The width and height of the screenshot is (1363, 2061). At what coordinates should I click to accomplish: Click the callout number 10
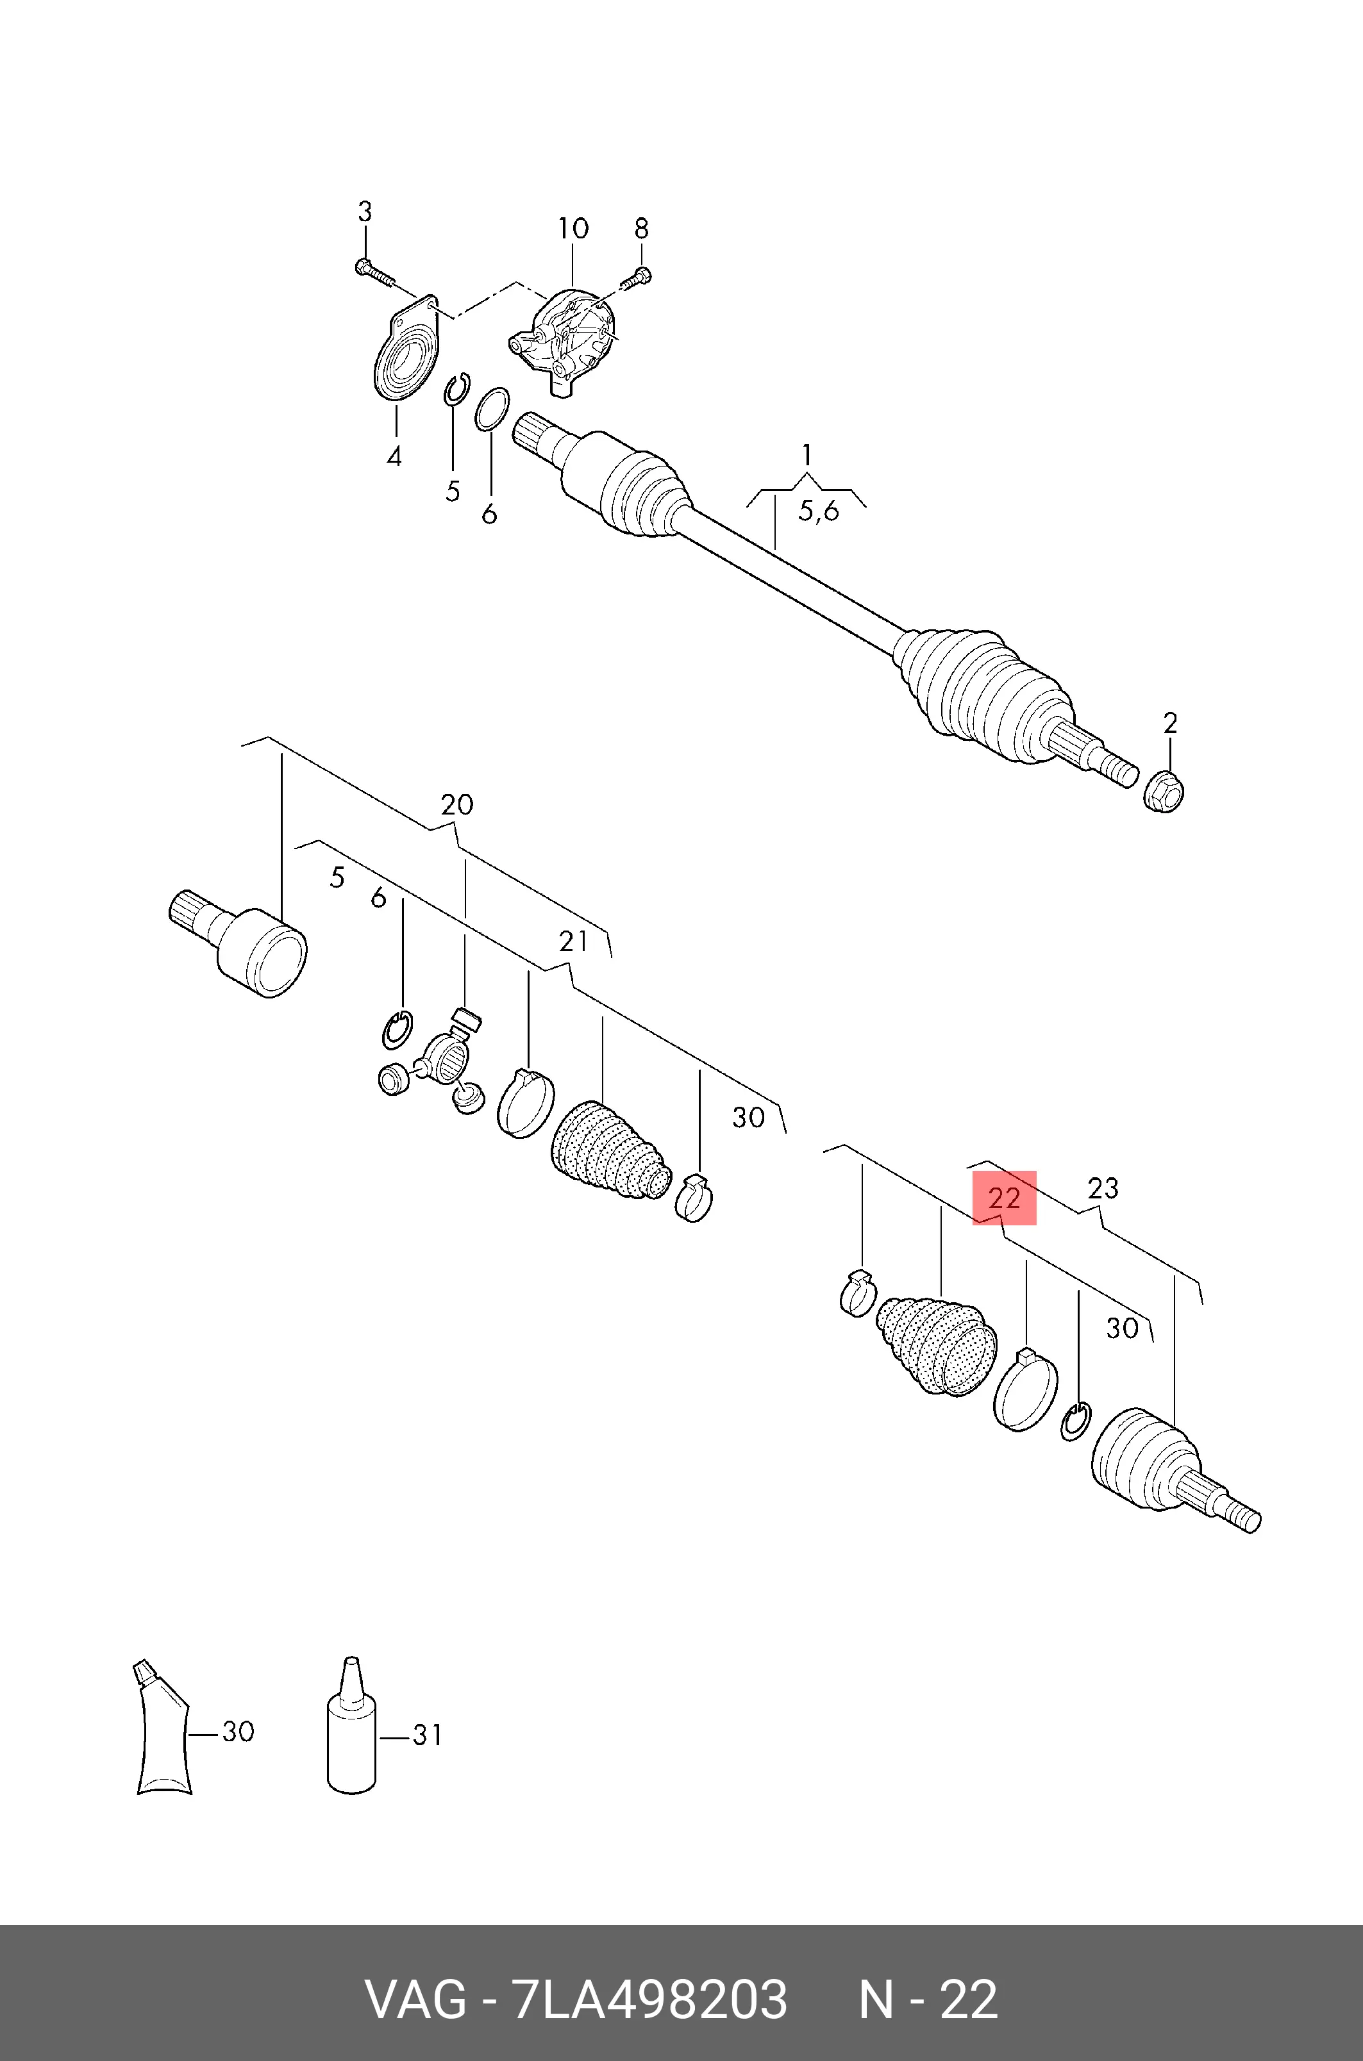pos(573,229)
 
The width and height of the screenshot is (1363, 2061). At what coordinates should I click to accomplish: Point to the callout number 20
pos(457,804)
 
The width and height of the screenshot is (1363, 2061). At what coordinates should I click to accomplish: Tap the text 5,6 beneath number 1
pos(819,511)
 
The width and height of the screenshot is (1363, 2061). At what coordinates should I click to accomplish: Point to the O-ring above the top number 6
pos(492,408)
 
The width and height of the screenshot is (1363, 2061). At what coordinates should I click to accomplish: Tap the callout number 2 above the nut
pos(1170,723)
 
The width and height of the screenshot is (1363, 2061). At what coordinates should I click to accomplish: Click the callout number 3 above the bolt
pos(365,211)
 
